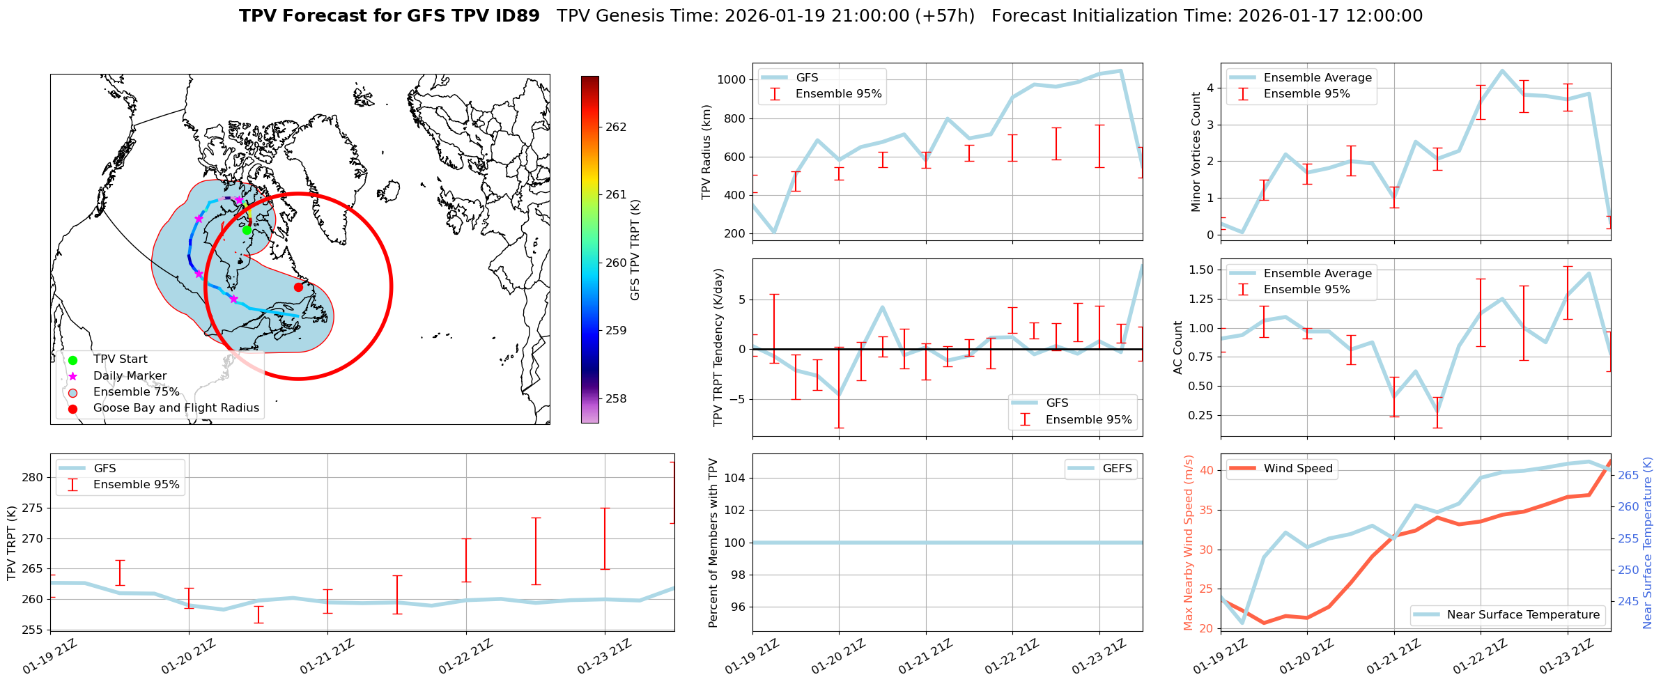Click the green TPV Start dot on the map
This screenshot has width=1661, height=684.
click(247, 230)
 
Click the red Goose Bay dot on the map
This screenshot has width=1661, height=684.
click(298, 287)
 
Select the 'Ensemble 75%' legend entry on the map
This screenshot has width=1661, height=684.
click(136, 392)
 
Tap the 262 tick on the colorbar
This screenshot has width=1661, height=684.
click(615, 127)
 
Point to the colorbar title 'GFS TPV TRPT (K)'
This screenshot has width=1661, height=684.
click(635, 250)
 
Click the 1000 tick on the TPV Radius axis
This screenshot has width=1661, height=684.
click(732, 79)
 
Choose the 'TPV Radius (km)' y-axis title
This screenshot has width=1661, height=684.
click(706, 152)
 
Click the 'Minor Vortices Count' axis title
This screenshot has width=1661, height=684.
click(1196, 152)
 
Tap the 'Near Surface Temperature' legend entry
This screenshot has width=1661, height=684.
click(1523, 615)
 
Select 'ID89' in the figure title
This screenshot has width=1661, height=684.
click(516, 16)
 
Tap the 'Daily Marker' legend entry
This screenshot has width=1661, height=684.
click(130, 376)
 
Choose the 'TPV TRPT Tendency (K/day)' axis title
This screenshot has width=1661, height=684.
click(718, 348)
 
